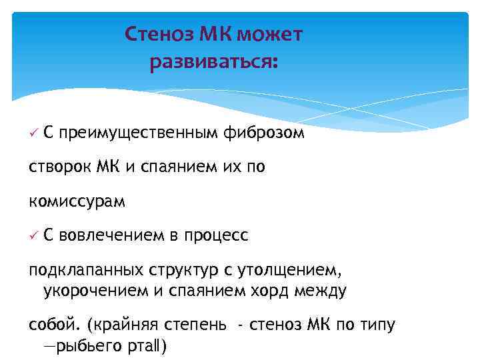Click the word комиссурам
click(x=77, y=201)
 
